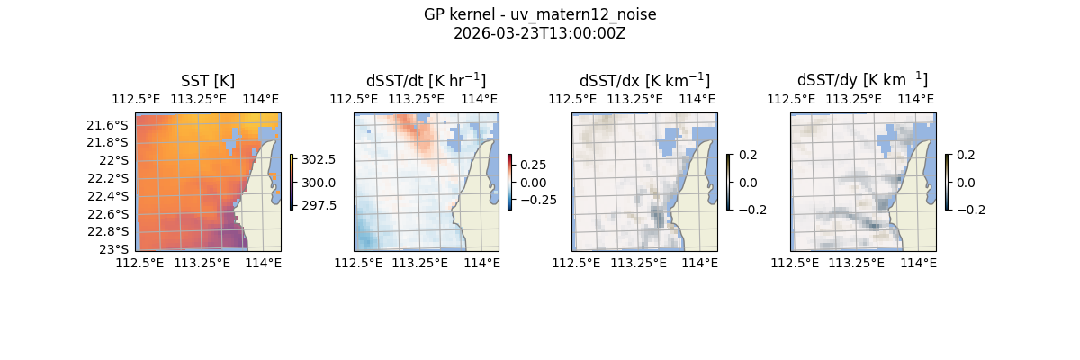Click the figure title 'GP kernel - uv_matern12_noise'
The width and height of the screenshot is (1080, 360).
540,14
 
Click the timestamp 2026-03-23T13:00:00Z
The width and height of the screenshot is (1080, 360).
540,33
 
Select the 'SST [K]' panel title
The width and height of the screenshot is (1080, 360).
208,81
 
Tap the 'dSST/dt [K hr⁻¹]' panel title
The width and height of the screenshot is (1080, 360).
426,81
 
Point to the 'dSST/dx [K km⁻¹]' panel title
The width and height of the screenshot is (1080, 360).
644,81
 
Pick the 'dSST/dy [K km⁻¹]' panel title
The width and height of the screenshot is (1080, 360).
862,81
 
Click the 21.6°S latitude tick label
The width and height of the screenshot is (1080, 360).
107,125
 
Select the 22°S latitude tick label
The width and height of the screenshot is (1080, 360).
112,160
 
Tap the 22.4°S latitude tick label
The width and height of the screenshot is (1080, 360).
107,196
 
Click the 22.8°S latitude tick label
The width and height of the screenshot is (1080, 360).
107,231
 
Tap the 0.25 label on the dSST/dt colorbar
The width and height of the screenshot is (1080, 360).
535,166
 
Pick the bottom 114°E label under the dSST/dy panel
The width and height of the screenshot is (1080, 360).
918,263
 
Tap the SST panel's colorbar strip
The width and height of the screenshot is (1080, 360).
292,182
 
